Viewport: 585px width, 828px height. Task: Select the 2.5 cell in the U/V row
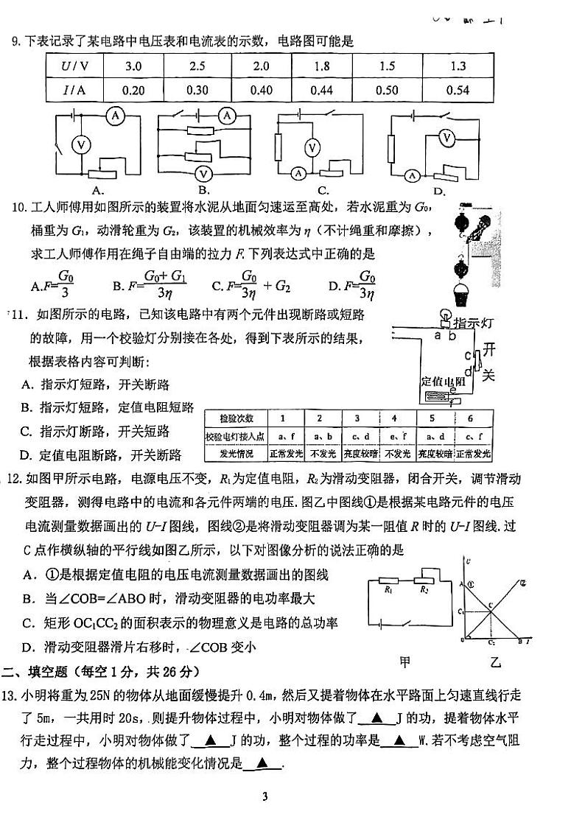(197, 66)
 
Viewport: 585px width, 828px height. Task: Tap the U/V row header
(74, 66)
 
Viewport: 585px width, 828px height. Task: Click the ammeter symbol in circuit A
(113, 116)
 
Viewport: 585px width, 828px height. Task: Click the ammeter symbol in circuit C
(298, 174)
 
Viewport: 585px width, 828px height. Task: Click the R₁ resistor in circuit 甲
(388, 589)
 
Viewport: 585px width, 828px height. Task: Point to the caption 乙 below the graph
(495, 661)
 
